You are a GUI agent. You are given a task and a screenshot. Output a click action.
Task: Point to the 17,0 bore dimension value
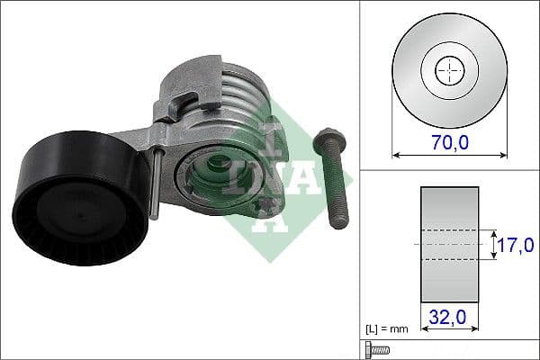pos(517,244)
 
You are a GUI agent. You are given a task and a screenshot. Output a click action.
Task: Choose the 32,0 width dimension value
pos(447,318)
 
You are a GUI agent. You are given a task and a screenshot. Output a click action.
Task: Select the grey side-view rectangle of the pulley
pos(447,244)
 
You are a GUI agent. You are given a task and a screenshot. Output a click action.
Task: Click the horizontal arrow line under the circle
pos(447,154)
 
